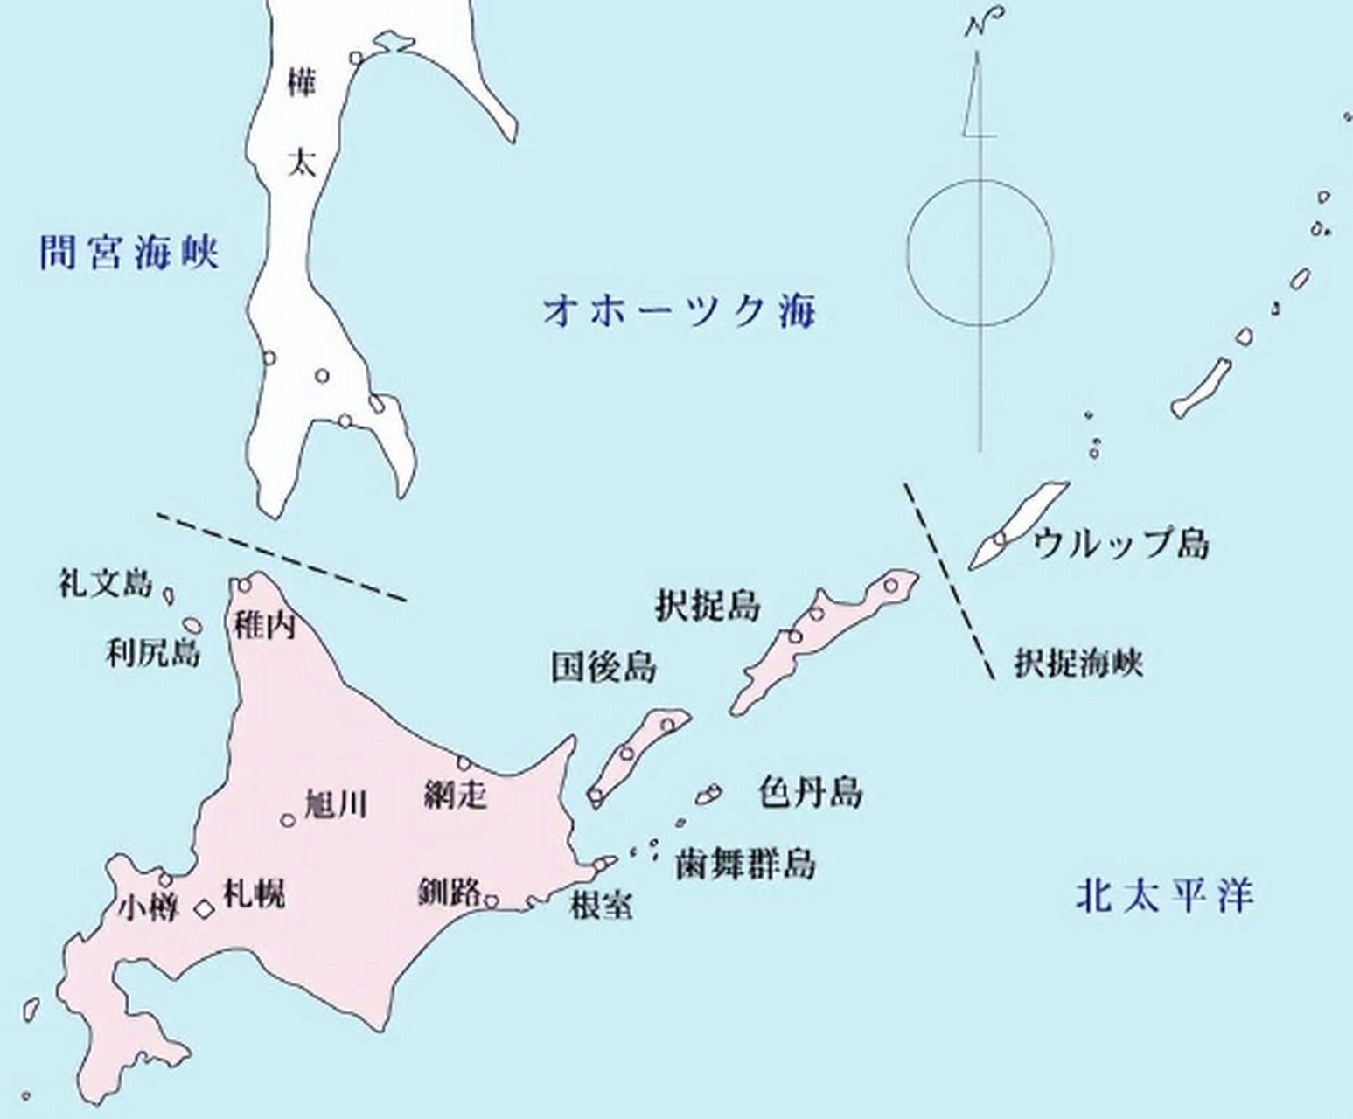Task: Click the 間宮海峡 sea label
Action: [x=129, y=253]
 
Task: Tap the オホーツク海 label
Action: [x=679, y=310]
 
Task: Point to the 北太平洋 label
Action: [x=1164, y=897]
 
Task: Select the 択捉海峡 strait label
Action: [x=1078, y=664]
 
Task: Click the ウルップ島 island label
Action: [x=1120, y=544]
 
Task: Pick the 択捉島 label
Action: [x=708, y=606]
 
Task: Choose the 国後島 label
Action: [x=603, y=668]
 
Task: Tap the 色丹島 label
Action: [x=810, y=793]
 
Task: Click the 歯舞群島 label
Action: [x=745, y=864]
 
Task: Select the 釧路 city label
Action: [x=450, y=893]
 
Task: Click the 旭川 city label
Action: [x=335, y=804]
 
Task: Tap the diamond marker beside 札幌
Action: [x=204, y=909]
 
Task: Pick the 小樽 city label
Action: [x=149, y=909]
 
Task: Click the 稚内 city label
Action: [x=264, y=625]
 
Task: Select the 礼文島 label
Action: [x=105, y=583]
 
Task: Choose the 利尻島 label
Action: [x=152, y=652]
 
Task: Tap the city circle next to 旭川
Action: [x=288, y=819]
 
